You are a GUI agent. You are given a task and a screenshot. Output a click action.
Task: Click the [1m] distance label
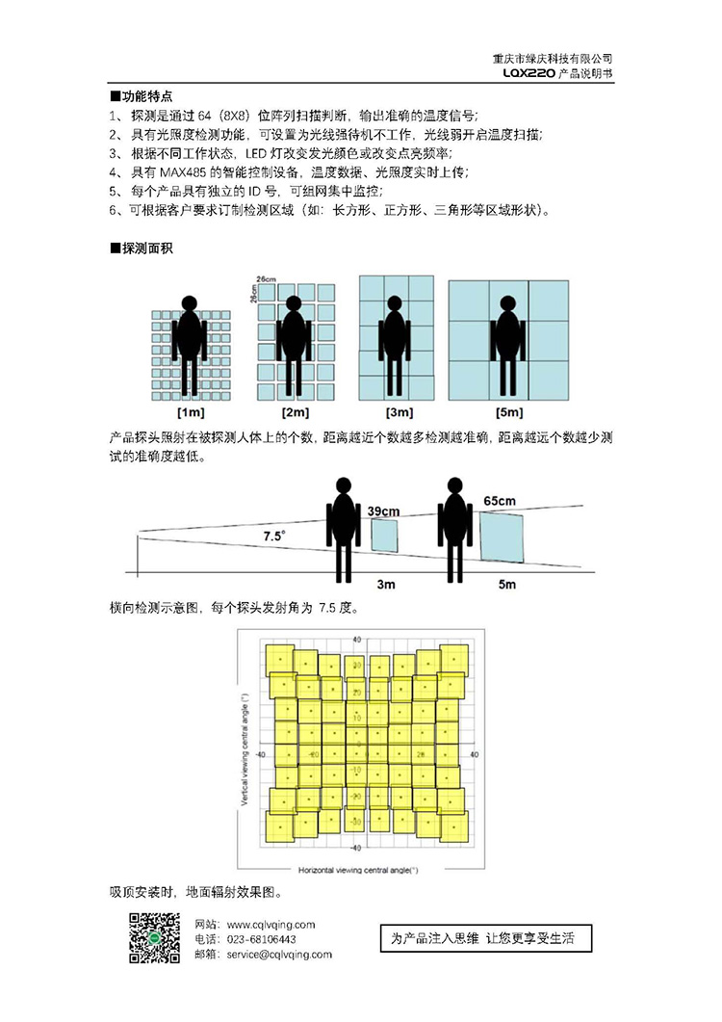(190, 413)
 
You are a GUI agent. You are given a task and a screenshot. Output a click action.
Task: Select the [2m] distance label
(296, 413)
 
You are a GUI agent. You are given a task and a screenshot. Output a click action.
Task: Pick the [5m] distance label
(509, 413)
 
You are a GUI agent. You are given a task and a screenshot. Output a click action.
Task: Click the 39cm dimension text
(384, 510)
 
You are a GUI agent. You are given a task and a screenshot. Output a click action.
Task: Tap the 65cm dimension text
(500, 501)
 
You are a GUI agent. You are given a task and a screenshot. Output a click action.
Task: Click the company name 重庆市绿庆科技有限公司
(552, 59)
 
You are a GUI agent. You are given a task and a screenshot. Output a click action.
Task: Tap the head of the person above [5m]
(506, 303)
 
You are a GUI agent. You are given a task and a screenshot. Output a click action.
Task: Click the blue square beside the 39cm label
(384, 535)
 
